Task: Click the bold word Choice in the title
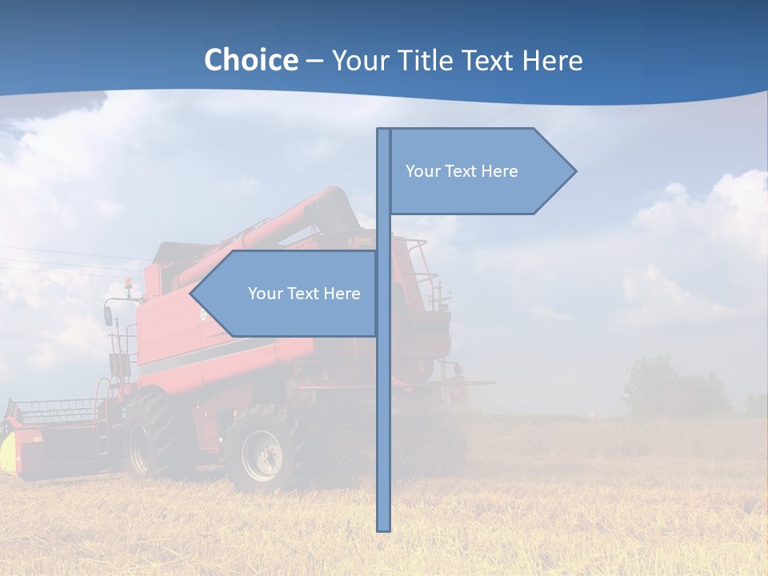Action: [250, 60]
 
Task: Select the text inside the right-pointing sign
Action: [462, 171]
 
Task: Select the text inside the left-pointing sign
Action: [304, 294]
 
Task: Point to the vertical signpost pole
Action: [384, 400]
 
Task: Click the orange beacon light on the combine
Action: [128, 284]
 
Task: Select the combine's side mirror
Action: [108, 315]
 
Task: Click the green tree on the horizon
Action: [652, 384]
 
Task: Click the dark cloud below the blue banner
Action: [80, 104]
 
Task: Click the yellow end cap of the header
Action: [7, 452]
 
